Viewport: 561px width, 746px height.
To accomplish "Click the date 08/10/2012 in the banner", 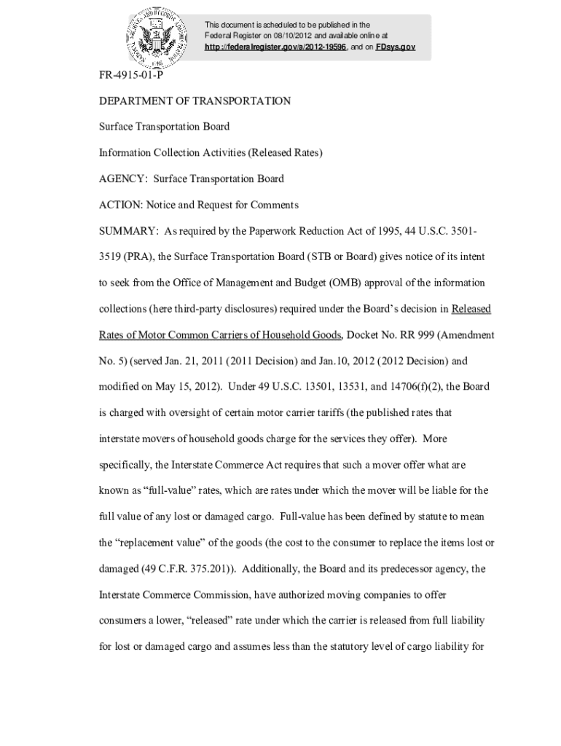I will point(294,35).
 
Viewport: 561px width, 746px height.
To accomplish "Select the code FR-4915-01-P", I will point(130,75).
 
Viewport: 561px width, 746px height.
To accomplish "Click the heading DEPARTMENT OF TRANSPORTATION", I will point(195,101).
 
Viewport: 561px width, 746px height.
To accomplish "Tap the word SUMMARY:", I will point(129,231).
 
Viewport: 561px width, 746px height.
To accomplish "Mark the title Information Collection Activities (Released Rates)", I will point(211,153).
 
